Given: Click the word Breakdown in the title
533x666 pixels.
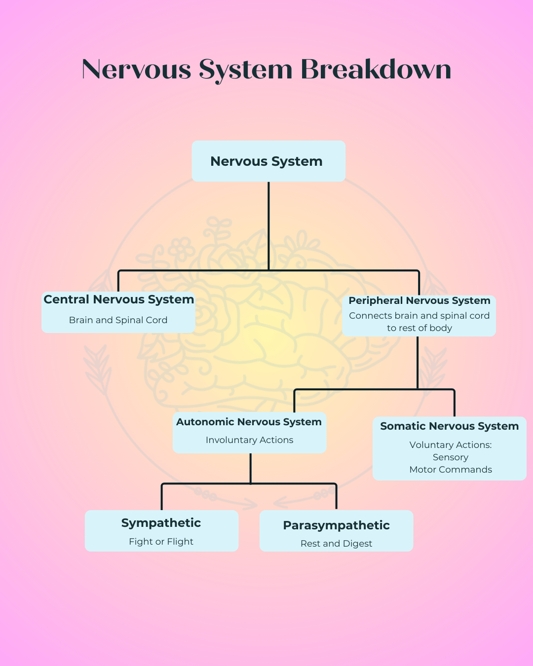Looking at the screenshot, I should [x=376, y=69].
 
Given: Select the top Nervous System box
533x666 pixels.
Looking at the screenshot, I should [x=268, y=161].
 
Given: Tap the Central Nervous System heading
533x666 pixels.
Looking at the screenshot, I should [x=118, y=299].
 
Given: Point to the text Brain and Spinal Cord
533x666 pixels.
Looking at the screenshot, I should [x=118, y=320].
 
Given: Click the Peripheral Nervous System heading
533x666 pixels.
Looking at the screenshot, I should [x=419, y=300].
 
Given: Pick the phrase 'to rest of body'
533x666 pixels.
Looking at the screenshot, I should [x=419, y=328].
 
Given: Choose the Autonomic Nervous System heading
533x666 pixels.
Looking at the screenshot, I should [x=249, y=422].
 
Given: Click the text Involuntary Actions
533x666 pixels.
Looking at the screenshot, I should [x=249, y=440].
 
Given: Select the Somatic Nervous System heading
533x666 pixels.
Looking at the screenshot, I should [x=450, y=426].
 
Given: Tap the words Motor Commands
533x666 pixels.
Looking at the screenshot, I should [x=451, y=470].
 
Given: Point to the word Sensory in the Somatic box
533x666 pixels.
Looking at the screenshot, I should [x=451, y=457].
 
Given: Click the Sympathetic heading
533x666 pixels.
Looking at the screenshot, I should [x=161, y=523].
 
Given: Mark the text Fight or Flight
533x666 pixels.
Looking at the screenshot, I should [x=161, y=542].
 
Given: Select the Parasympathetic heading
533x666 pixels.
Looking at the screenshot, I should [x=337, y=525].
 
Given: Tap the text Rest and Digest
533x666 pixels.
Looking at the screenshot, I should [x=337, y=544].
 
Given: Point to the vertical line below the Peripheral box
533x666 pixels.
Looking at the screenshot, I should [x=418, y=363].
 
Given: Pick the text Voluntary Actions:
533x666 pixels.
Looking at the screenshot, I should [x=451, y=445].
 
